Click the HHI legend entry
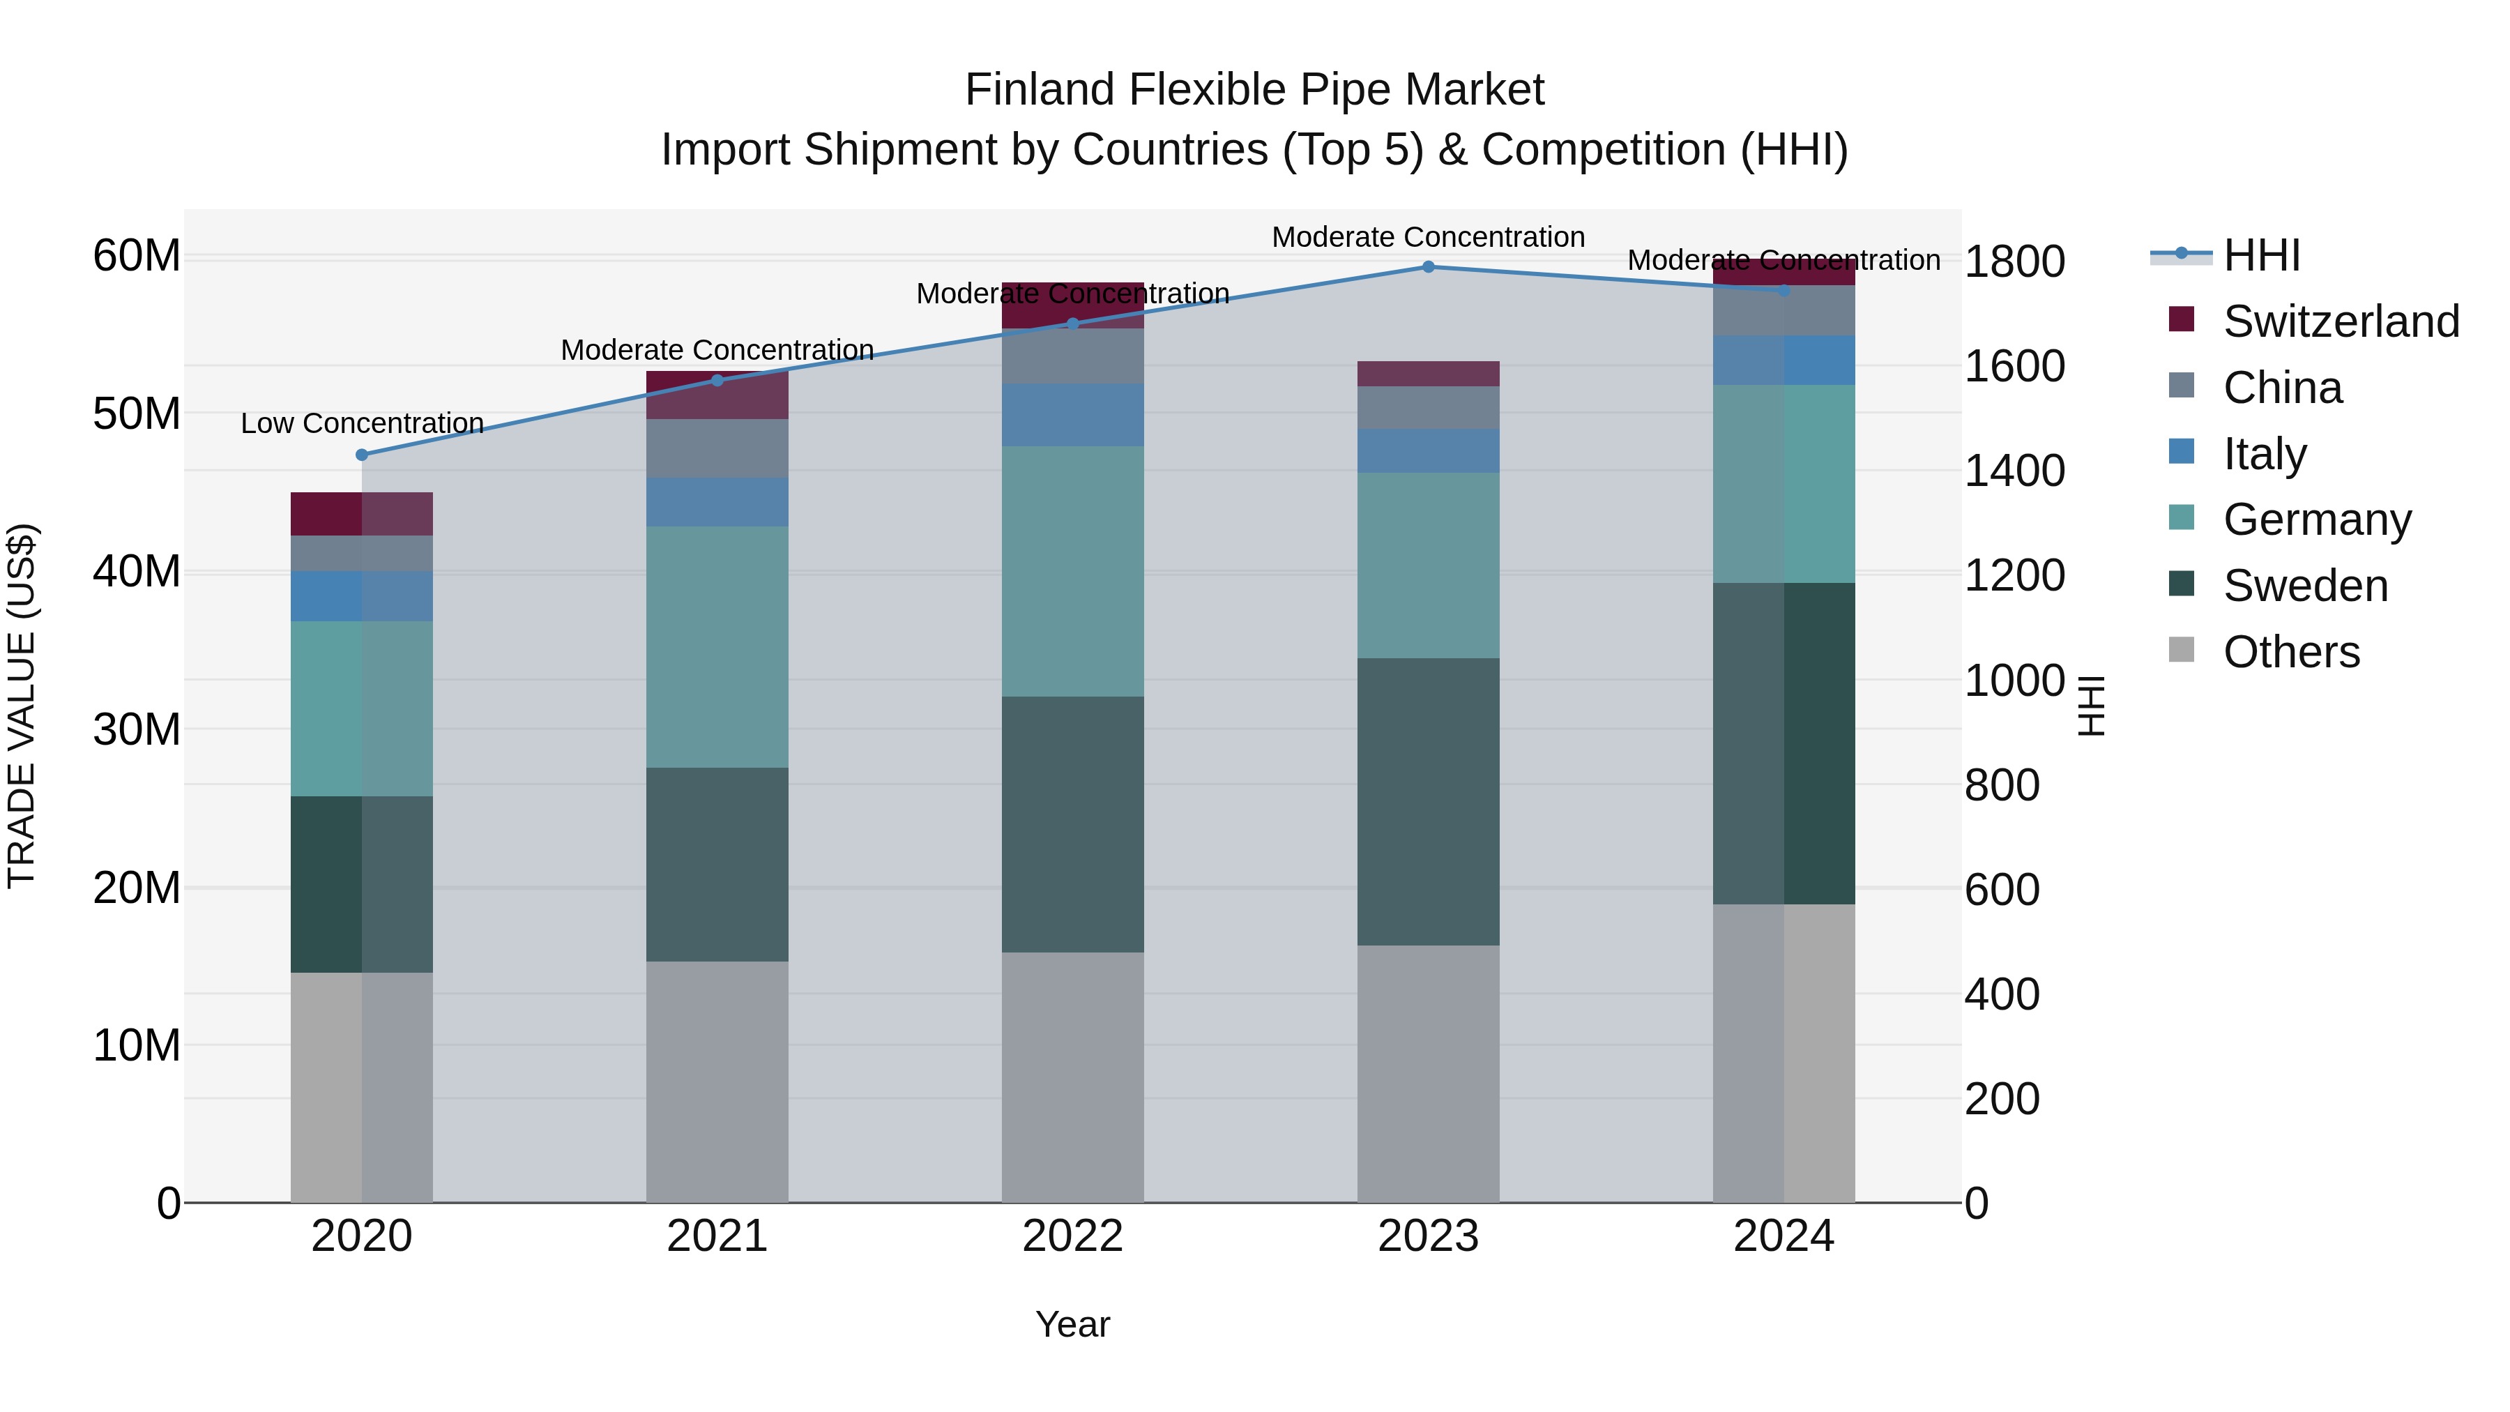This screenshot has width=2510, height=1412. coord(2260,255)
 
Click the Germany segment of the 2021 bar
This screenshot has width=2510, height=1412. coord(717,646)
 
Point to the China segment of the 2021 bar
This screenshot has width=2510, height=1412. coord(717,448)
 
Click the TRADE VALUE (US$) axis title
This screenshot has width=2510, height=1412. coord(22,706)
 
